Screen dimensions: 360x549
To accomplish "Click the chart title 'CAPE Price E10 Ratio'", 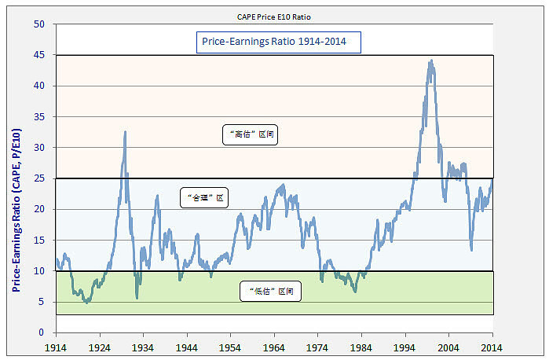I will pyautogui.click(x=274, y=16).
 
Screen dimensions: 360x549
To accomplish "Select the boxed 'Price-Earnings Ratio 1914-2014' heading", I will pyautogui.click(x=278, y=42).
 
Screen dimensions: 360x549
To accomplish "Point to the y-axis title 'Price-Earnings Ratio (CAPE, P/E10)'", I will pyautogui.click(x=16, y=178).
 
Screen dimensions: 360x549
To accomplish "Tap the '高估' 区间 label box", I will pyautogui.click(x=251, y=134).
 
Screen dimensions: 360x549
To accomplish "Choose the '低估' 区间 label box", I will pyautogui.click(x=272, y=292).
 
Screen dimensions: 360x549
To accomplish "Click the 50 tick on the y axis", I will pyautogui.click(x=38, y=24).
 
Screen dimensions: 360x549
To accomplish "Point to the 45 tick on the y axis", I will pyautogui.click(x=38, y=55).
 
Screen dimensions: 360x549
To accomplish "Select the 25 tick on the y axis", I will pyautogui.click(x=38, y=178).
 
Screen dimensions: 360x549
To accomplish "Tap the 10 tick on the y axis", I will pyautogui.click(x=38, y=271).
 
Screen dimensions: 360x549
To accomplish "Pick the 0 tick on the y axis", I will pyautogui.click(x=41, y=332).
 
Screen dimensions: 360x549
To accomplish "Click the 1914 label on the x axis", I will pyautogui.click(x=55, y=347).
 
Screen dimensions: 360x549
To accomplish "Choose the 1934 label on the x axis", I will pyautogui.click(x=142, y=347).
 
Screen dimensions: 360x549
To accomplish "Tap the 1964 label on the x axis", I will pyautogui.click(x=273, y=347).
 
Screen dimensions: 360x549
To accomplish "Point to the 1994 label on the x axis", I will pyautogui.click(x=404, y=347).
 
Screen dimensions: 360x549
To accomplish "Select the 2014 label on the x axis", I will pyautogui.click(x=492, y=347).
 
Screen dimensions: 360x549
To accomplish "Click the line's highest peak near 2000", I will pyautogui.click(x=430, y=60).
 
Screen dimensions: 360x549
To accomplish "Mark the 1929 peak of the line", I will pyautogui.click(x=125, y=132).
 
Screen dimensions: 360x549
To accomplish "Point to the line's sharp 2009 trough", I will pyautogui.click(x=471, y=250).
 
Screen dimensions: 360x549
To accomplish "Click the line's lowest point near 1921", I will pyautogui.click(x=86, y=303).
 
